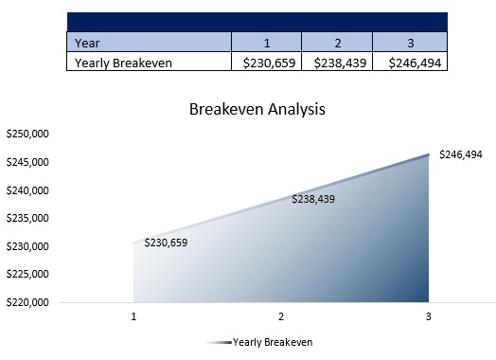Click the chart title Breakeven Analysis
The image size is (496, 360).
pyautogui.click(x=258, y=109)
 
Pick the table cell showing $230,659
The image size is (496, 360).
pyautogui.click(x=267, y=63)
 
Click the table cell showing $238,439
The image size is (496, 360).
pyautogui.click(x=337, y=63)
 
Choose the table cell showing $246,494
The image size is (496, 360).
pyautogui.click(x=409, y=63)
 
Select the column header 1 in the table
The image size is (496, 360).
pyautogui.click(x=267, y=42)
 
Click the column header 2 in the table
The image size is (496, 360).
pyautogui.click(x=337, y=42)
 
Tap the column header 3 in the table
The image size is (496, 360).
pyautogui.click(x=409, y=42)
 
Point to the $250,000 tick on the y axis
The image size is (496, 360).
pyautogui.click(x=27, y=135)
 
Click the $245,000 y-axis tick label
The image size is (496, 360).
pyautogui.click(x=27, y=162)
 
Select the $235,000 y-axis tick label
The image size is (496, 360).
pyautogui.click(x=27, y=219)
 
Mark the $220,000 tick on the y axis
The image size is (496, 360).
pyautogui.click(x=27, y=303)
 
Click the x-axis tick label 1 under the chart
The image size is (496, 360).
pyautogui.click(x=134, y=316)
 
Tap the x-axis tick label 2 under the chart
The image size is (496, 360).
pyautogui.click(x=281, y=316)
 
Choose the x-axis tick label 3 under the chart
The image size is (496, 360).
pyautogui.click(x=428, y=316)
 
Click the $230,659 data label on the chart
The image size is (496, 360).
pyautogui.click(x=166, y=243)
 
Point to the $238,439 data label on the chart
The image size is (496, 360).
pyautogui.click(x=313, y=199)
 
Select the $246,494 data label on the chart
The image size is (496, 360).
pyautogui.click(x=461, y=154)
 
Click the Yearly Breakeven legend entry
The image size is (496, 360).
pyautogui.click(x=273, y=342)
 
